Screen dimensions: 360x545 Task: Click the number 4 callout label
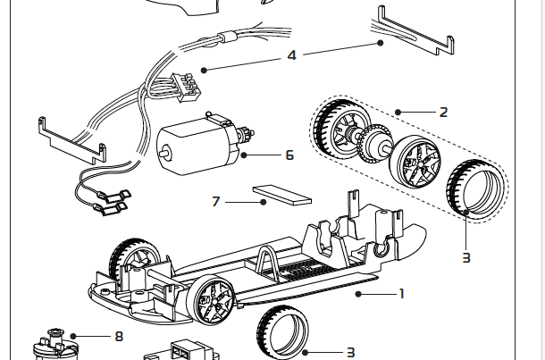tap(292, 55)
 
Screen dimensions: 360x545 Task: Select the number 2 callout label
tap(443, 113)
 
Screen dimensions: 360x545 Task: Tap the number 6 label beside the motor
tap(289, 155)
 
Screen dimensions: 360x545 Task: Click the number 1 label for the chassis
tap(402, 293)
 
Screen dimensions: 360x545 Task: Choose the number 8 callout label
tap(119, 337)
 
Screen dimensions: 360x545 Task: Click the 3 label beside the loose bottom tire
tap(351, 353)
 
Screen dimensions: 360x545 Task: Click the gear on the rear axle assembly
tap(369, 145)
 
